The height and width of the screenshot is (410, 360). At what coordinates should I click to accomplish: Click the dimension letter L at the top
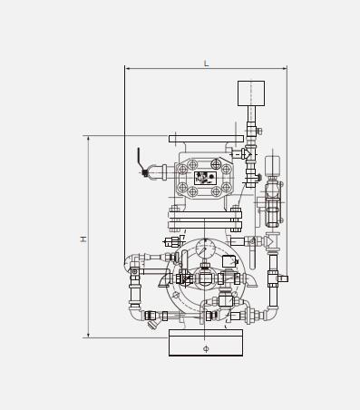pos(206,63)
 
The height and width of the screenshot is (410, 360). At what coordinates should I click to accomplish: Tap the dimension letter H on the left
pos(83,239)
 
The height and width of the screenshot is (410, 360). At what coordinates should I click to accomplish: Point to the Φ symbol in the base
pos(206,349)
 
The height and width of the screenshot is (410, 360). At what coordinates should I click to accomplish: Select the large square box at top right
pos(251,93)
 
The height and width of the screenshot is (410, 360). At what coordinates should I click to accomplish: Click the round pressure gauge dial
pos(206,249)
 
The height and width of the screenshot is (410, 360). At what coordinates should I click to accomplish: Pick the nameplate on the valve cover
pos(205,178)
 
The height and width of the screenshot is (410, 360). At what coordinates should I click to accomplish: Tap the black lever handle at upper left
pos(140,161)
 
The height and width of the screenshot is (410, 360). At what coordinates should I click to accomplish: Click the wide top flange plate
pos(206,139)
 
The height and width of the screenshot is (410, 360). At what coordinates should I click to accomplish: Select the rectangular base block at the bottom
pos(206,343)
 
